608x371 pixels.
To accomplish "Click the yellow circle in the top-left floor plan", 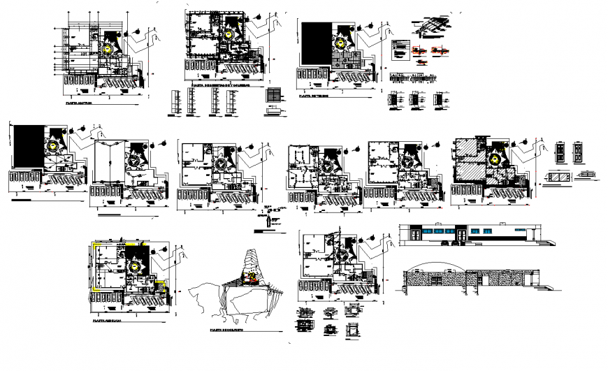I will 106,49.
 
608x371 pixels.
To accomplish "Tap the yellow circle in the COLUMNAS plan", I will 228,34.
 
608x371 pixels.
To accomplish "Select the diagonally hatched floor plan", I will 479,168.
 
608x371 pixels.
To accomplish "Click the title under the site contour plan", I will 224,328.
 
